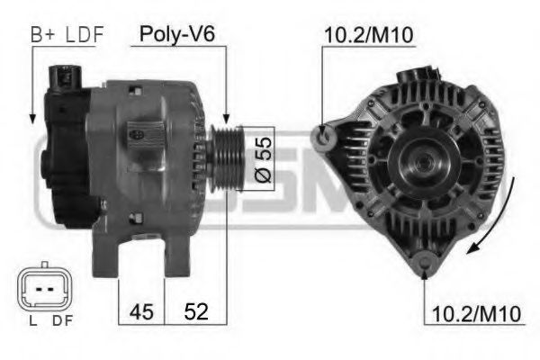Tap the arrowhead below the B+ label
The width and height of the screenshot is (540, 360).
tap(33, 117)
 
